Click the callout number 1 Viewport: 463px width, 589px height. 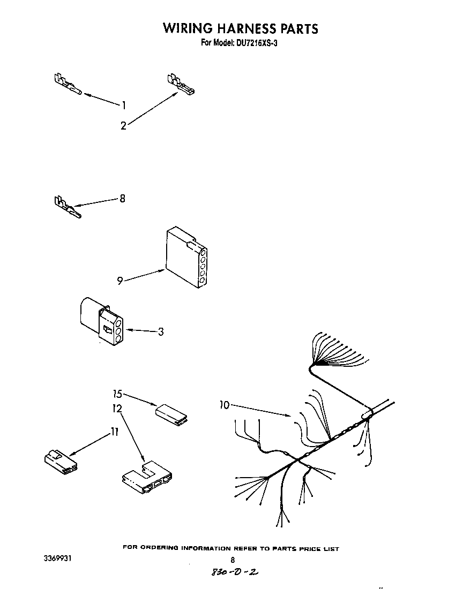coord(124,105)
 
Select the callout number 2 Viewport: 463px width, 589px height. coord(123,126)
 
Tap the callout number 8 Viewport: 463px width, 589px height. coord(122,199)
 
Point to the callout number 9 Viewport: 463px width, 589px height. coord(120,281)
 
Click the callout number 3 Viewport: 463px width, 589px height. coord(160,331)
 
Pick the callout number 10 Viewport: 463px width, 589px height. coord(224,405)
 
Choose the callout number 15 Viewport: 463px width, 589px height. coord(118,395)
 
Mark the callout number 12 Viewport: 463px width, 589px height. coord(117,409)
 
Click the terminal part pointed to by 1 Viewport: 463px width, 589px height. coord(67,86)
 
